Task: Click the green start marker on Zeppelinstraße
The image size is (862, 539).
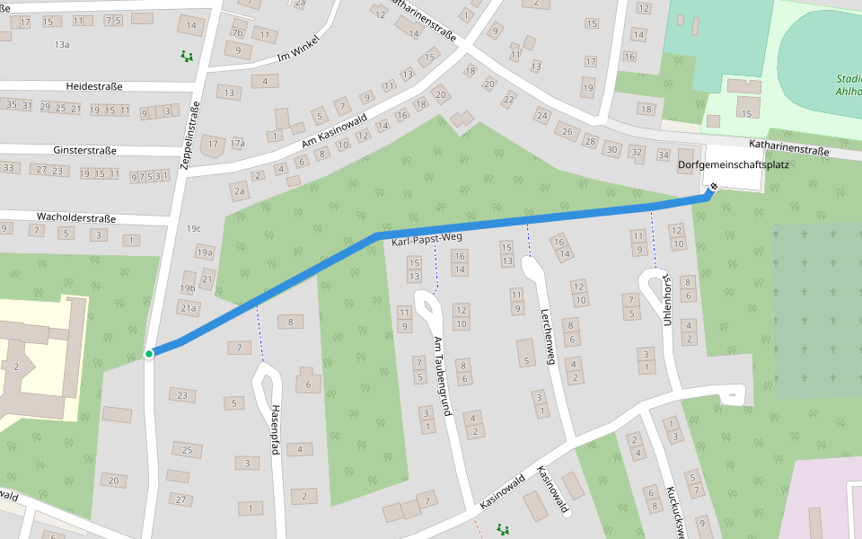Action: pos(149,354)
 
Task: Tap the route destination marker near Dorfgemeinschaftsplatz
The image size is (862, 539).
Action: pos(714,187)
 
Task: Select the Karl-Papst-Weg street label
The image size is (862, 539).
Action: pos(427,238)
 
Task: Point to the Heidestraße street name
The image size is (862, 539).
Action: pos(94,87)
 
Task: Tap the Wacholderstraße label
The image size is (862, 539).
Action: pos(76,218)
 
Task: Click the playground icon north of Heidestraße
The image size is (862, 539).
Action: pos(187,57)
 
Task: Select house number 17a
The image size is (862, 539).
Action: pos(237,144)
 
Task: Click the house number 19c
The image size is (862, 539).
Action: pos(194,229)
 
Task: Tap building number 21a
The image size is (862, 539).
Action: pos(189,308)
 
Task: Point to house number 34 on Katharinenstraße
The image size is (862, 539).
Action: pos(664,155)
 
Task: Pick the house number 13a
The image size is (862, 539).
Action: pos(62,44)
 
